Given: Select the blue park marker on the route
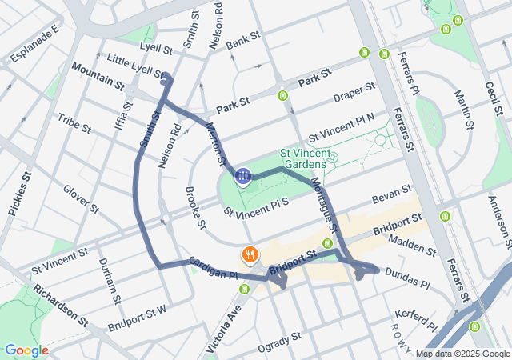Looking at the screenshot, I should pos(243,175).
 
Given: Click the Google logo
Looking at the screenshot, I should pos(26,350).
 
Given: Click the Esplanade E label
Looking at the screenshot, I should pos(35,44).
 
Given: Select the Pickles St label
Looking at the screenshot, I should pos(19,194).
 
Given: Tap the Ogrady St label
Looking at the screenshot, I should pos(278,347).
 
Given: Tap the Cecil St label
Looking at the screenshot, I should pos(491,98).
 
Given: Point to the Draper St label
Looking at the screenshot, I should pos(354,92).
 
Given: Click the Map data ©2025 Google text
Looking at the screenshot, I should pos(462,354).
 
